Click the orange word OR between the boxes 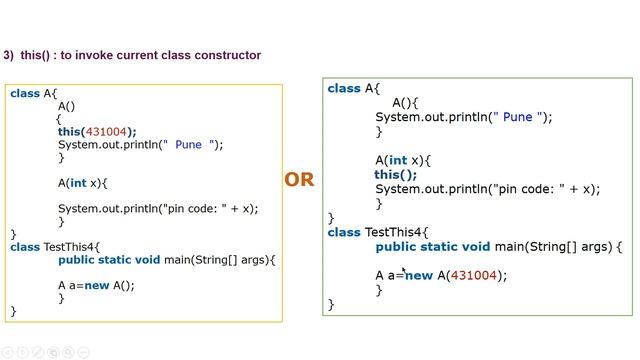(x=299, y=180)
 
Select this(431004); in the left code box (x=97, y=131)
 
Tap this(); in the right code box (x=396, y=174)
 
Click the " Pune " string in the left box (x=190, y=144)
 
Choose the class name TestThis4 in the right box (x=396, y=232)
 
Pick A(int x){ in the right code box (x=403, y=160)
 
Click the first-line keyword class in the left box (x=25, y=93)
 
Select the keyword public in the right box (x=397, y=246)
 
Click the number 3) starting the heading (x=9, y=55)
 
